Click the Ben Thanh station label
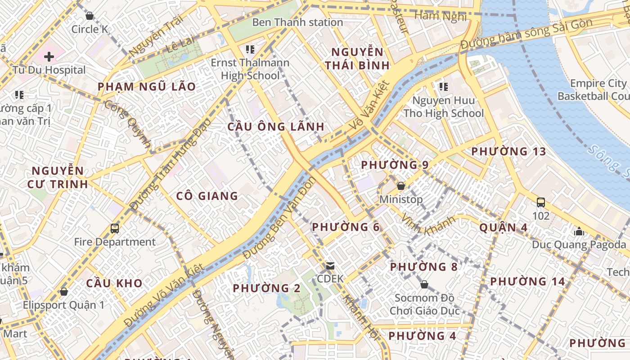[x=297, y=22]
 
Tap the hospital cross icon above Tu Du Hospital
[x=49, y=57]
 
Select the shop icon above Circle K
[x=90, y=16]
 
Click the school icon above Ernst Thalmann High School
[x=250, y=49]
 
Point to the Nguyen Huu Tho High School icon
[x=443, y=86]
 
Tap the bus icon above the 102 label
[x=540, y=202]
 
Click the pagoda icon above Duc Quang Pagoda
[x=579, y=231]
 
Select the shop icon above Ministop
[x=400, y=186]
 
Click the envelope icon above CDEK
[x=330, y=265]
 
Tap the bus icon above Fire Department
[x=115, y=228]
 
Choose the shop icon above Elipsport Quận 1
[x=64, y=292]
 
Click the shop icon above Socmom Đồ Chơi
[x=424, y=284]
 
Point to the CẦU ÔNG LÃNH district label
[x=276, y=126]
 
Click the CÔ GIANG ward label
[x=207, y=196]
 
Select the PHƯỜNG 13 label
[x=508, y=152]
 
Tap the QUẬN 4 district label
[x=503, y=227]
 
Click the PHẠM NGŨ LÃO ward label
[x=147, y=87]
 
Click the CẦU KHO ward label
[x=114, y=283]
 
